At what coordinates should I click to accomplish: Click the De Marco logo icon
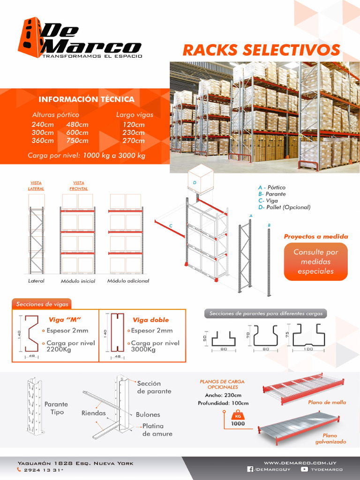pos(30,37)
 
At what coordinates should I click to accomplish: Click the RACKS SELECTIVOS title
pos(261,50)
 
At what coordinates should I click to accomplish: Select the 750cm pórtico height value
pos(77,141)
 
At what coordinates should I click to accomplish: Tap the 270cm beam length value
pos(134,141)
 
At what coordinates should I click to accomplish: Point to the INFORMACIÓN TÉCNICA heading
pos(86,99)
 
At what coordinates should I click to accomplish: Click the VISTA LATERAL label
pos(36,186)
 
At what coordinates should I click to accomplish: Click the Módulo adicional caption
pos(128,281)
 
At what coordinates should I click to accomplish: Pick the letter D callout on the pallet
pos(194,182)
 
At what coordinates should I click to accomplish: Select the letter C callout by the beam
pos(171,226)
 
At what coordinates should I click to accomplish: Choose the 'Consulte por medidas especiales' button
pos(315,262)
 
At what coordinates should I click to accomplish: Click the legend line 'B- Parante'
pos(272,194)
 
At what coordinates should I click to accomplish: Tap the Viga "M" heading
pos(65,320)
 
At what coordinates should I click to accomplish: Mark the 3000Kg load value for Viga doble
pos(143,349)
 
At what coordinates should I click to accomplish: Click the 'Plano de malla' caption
pos(327,402)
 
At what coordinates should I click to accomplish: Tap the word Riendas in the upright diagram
pos(93,413)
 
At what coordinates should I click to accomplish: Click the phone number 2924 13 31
pos(43,469)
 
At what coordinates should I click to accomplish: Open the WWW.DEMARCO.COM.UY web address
pos(303,462)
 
